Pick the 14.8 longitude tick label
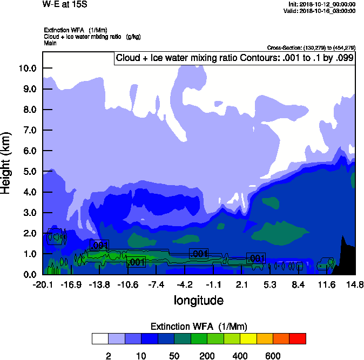pyautogui.click(x=355, y=284)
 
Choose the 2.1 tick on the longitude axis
pyautogui.click(x=241, y=284)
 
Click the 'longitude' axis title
pyautogui.click(x=198, y=300)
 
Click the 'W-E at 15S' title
pyautogui.click(x=65, y=5)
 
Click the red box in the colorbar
pyautogui.click(x=297, y=339)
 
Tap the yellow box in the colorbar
pyautogui.click(x=248, y=339)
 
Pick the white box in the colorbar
pyautogui.click(x=99, y=339)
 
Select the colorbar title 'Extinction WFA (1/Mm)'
pyautogui.click(x=198, y=327)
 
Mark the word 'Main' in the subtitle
pyautogui.click(x=51, y=43)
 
